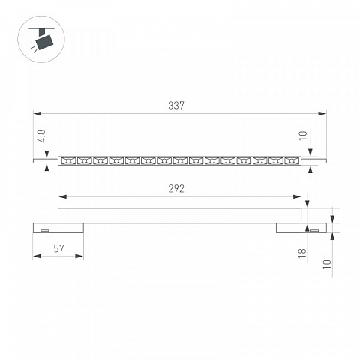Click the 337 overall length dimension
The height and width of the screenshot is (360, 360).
pyautogui.click(x=176, y=106)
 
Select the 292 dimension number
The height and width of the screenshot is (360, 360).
pyautogui.click(x=176, y=189)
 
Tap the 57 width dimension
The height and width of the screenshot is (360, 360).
pyautogui.click(x=58, y=248)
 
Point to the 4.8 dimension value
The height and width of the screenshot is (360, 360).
pyautogui.click(x=42, y=136)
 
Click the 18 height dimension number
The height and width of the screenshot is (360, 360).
pyautogui.click(x=302, y=253)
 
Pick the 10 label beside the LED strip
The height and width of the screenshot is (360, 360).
pyautogui.click(x=303, y=136)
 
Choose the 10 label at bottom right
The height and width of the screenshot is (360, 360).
pyautogui.click(x=327, y=264)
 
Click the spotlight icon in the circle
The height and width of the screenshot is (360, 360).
pyautogui.click(x=41, y=40)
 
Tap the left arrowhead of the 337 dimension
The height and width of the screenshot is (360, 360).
pyautogui.click(x=37, y=114)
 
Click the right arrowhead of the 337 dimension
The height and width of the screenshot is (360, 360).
pyautogui.click(x=322, y=114)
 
